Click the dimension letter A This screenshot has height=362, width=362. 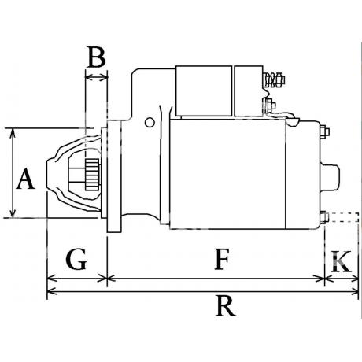pyautogui.click(x=25, y=179)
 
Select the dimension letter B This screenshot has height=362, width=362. pyautogui.click(x=97, y=57)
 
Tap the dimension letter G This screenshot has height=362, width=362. pyautogui.click(x=76, y=259)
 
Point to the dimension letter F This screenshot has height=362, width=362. pyautogui.click(x=222, y=259)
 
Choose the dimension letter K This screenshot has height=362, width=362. pyautogui.click(x=341, y=262)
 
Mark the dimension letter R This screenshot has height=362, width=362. pyautogui.click(x=225, y=306)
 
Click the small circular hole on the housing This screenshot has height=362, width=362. pyautogui.click(x=150, y=123)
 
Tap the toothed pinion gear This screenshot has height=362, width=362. pyautogui.click(x=92, y=175)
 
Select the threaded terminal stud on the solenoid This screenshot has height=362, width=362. pyautogui.click(x=274, y=79)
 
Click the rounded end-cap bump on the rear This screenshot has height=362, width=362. pyautogui.click(x=330, y=177)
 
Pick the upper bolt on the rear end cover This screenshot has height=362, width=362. pyautogui.click(x=325, y=131)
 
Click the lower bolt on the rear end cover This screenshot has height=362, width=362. pyautogui.click(x=325, y=218)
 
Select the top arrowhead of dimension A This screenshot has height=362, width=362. pyautogui.click(x=13, y=133)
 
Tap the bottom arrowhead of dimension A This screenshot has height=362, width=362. pyautogui.click(x=13, y=213)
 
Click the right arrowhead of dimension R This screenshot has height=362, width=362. pyautogui.click(x=354, y=291)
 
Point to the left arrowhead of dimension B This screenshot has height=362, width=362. pyautogui.click(x=90, y=77)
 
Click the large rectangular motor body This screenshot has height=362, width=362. pyautogui.click(x=227, y=174)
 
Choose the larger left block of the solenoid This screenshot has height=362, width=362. pyautogui.click(x=204, y=90)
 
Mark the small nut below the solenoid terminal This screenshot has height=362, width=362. pyautogui.click(x=270, y=105)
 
